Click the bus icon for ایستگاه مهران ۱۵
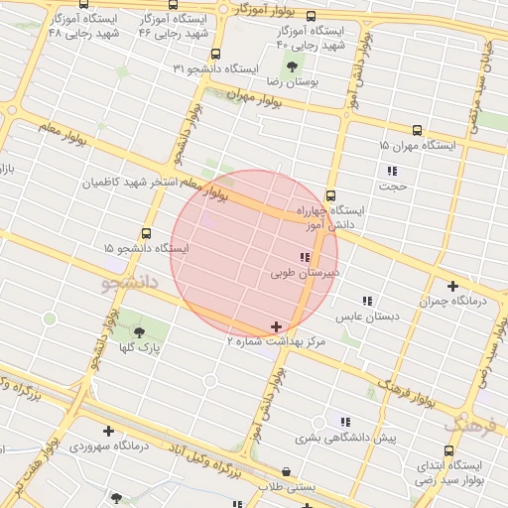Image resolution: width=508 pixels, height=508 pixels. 417,129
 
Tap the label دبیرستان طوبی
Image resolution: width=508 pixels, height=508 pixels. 304,270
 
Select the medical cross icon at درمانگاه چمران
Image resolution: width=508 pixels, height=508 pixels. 453,285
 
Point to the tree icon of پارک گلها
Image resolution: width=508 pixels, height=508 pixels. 138,332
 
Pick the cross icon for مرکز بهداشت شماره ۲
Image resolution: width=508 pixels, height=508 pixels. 276,325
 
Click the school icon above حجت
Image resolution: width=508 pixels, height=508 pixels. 392,171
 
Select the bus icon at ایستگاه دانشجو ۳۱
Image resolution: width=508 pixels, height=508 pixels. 216,54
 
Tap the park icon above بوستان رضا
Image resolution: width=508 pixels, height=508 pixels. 292,67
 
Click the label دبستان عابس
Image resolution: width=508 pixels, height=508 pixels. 367,317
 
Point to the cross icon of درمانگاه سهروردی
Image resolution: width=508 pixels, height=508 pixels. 108,431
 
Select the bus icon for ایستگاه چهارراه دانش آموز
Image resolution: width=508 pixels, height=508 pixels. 330,195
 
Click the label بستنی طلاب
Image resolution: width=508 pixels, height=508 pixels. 287,487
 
